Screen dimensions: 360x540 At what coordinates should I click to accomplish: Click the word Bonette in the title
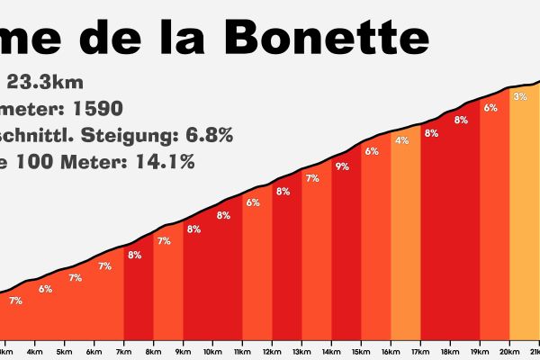click(325, 39)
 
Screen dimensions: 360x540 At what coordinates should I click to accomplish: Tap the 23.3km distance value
click(45, 83)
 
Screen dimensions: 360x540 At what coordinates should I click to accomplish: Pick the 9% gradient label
click(342, 166)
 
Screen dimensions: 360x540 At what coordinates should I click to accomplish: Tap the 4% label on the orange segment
click(401, 140)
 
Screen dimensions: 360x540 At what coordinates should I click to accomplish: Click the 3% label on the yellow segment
click(519, 97)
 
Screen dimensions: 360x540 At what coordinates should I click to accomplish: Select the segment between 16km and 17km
click(405, 243)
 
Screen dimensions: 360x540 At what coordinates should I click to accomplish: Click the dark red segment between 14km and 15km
click(346, 252)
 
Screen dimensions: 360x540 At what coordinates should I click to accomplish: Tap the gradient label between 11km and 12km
click(253, 202)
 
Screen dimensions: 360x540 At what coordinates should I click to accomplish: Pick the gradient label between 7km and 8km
click(134, 256)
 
